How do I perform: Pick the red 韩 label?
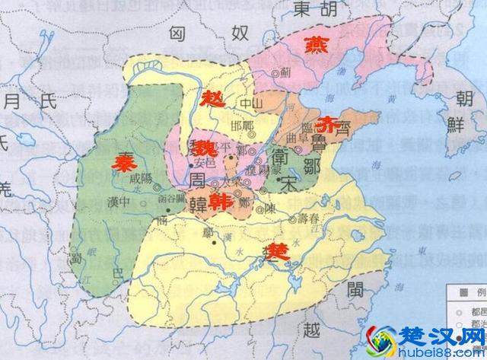pos(221,201)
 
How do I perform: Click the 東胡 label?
pos(313,11)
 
